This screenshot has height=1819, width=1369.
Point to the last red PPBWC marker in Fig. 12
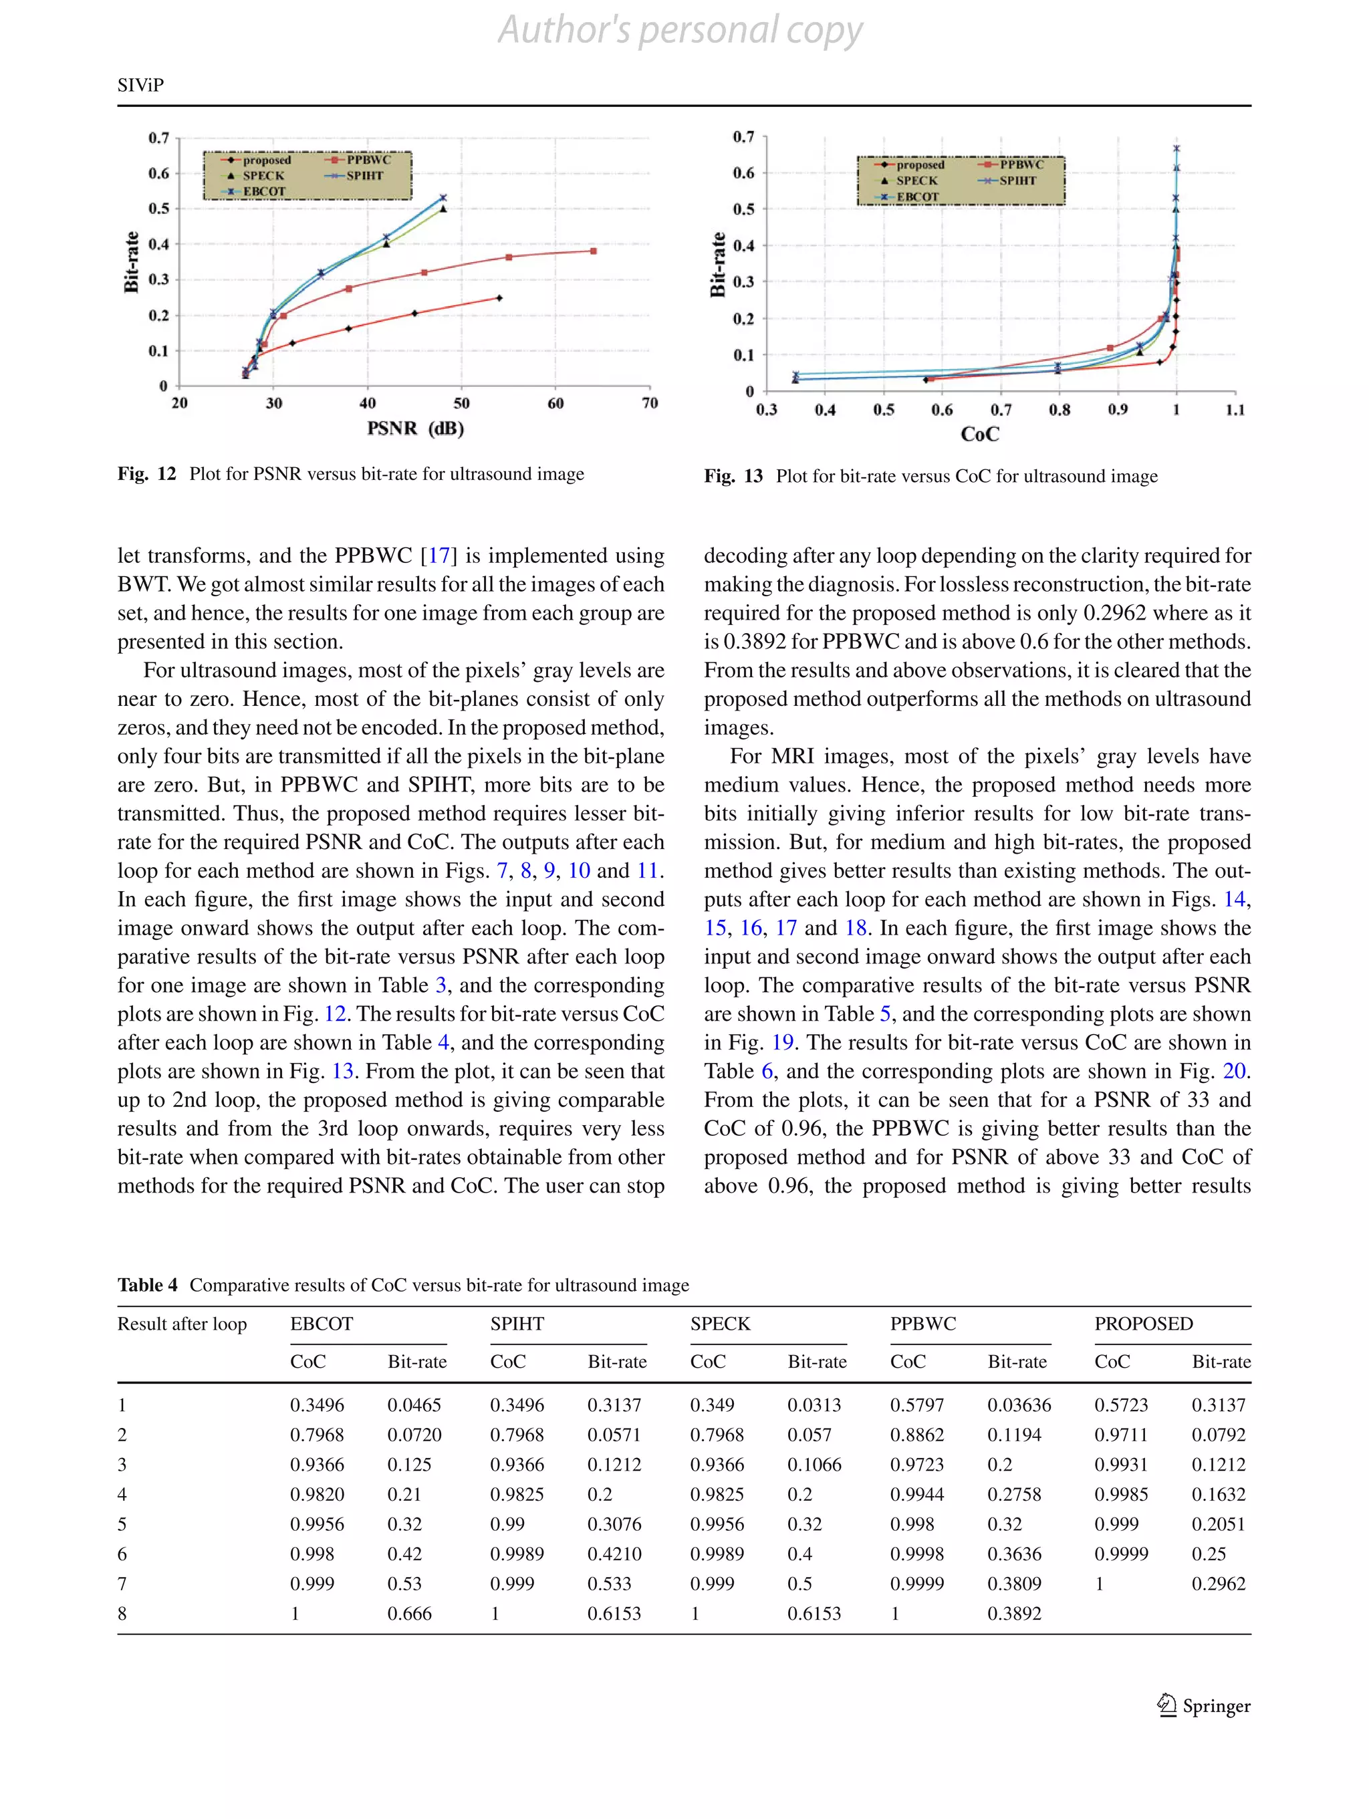click(593, 251)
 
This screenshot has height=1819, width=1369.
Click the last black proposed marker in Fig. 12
click(499, 297)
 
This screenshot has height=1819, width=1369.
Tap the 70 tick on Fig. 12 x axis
click(650, 403)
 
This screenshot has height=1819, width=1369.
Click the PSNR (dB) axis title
click(415, 429)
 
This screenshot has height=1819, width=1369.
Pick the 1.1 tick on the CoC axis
click(1234, 410)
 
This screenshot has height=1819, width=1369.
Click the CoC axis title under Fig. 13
click(979, 434)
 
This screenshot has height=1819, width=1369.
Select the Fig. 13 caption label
click(733, 476)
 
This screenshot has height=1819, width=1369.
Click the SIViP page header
click(140, 86)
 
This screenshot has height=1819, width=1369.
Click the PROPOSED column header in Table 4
click(1143, 1324)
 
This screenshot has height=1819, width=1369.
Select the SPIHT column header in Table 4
click(516, 1324)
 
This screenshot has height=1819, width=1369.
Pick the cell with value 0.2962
click(1218, 1584)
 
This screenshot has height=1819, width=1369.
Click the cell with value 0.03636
click(1019, 1405)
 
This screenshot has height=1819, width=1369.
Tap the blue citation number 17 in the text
click(439, 556)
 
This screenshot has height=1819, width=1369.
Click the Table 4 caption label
click(147, 1286)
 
